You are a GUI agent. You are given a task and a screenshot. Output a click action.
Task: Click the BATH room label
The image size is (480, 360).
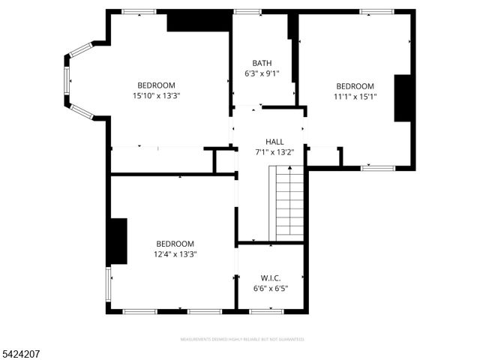[x=262, y=63]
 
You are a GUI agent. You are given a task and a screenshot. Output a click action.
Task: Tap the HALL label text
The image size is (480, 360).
[x=274, y=142]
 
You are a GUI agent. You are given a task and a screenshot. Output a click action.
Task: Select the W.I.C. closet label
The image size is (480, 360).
[x=271, y=277]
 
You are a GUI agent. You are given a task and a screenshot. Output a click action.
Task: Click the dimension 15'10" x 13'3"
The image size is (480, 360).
[x=156, y=95]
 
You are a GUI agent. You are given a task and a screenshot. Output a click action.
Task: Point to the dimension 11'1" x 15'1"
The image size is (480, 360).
[x=355, y=96]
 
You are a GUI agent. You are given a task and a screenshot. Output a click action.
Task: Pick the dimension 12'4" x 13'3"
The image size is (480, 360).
[x=175, y=254]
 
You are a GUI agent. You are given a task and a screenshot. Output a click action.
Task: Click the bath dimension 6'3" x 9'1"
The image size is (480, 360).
[x=262, y=73]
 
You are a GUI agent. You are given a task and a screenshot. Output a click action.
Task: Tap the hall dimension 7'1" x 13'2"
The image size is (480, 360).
[x=274, y=152]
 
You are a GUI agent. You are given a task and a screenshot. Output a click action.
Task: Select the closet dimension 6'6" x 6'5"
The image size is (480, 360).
[x=271, y=288]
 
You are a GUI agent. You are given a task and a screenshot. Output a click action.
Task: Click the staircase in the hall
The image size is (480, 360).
[x=288, y=202]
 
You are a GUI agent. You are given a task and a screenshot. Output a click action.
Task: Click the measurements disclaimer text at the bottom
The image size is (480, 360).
[x=239, y=339]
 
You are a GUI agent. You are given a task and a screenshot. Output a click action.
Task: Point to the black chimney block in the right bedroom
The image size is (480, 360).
[x=403, y=97]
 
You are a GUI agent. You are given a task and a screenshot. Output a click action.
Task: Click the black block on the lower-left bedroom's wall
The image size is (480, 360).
[x=118, y=241]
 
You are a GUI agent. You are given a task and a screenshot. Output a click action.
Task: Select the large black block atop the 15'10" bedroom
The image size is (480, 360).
[x=197, y=21]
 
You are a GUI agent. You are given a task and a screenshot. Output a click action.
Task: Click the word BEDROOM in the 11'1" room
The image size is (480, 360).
[x=355, y=86]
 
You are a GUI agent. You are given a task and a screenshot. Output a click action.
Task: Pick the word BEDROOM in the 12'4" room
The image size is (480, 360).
[x=175, y=244]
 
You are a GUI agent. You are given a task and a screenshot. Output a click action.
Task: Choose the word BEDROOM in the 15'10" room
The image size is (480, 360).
[x=156, y=85]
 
